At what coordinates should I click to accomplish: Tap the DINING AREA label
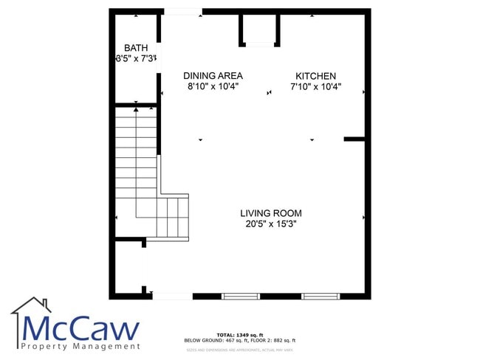click(213, 76)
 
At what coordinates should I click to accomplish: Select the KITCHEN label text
click(315, 76)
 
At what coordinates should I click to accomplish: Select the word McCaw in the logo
click(81, 328)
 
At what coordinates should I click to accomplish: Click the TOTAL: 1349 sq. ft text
click(239, 334)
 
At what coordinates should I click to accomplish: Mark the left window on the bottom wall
click(241, 297)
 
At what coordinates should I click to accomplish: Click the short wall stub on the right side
click(355, 139)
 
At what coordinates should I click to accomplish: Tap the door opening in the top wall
click(182, 11)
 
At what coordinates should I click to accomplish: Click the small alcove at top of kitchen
click(259, 30)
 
